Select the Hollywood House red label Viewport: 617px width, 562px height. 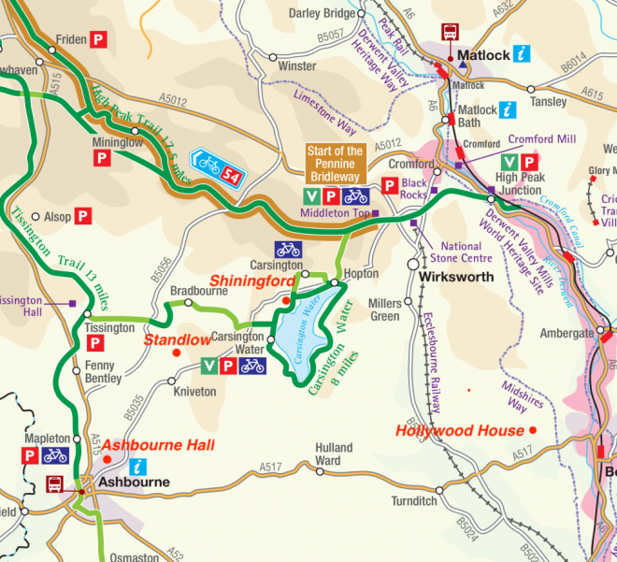click(x=459, y=431)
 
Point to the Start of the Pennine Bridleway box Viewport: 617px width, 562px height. click(x=336, y=165)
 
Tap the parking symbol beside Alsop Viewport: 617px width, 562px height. click(x=83, y=216)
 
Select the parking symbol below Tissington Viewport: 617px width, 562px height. click(x=94, y=346)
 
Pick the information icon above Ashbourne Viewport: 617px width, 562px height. click(x=138, y=465)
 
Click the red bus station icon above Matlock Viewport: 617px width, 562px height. click(x=450, y=32)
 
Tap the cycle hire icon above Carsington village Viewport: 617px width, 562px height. click(x=288, y=250)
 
